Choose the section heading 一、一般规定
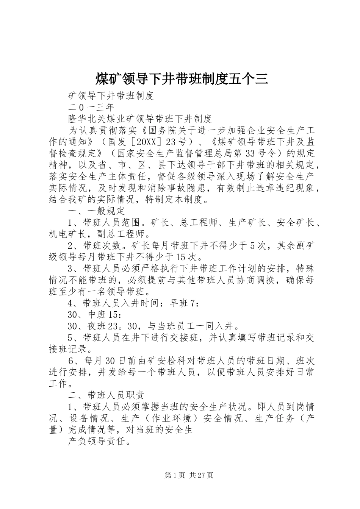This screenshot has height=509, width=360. click(x=97, y=211)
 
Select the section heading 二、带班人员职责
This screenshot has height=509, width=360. click(x=106, y=395)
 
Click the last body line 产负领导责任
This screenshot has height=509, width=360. click(x=97, y=441)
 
